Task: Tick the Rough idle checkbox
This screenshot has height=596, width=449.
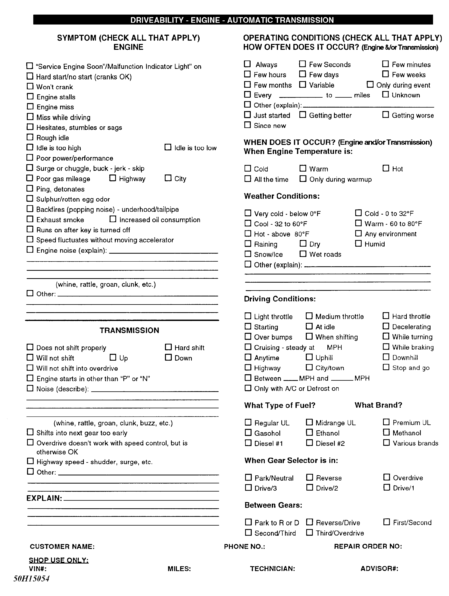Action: click(x=30, y=137)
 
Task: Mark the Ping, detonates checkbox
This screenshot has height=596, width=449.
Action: click(x=30, y=188)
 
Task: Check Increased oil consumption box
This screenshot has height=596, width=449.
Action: click(x=113, y=219)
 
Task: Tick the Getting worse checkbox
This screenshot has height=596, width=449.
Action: click(x=386, y=115)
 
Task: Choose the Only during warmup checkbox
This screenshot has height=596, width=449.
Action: click(x=303, y=179)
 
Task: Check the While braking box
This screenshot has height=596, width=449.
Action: click(x=386, y=346)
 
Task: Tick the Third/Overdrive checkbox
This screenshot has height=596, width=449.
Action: click(x=309, y=532)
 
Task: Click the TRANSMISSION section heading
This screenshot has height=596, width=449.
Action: click(x=129, y=330)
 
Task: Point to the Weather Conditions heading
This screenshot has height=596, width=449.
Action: click(x=282, y=196)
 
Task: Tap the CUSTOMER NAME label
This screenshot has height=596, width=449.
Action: click(x=62, y=546)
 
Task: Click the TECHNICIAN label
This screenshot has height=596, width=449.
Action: click(x=273, y=569)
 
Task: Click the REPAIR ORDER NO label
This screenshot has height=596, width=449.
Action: click(x=368, y=546)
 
